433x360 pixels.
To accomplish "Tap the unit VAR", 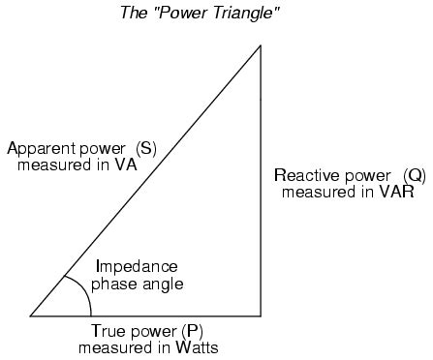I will coord(397,192).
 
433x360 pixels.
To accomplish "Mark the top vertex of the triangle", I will coord(261,44).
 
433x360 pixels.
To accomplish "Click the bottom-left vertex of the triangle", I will coord(31,315).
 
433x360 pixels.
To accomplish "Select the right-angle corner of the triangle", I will coord(261,315).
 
